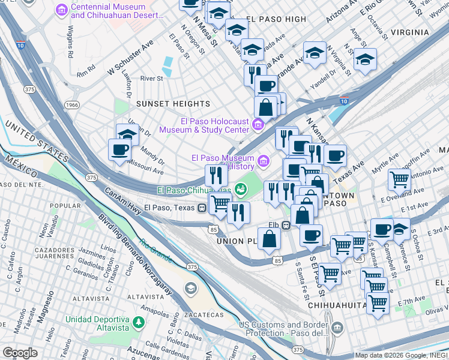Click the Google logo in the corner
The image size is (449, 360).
pos(20,353)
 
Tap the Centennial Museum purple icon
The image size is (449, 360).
pos(62,10)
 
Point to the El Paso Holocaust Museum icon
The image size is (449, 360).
pos(258,125)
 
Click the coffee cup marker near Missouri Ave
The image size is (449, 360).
pos(119,149)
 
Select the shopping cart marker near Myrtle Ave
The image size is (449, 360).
pos(399,179)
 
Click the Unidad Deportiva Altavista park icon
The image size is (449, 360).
pos(138,322)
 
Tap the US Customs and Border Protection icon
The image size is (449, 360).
pos(337,328)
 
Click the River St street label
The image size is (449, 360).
pos(151,79)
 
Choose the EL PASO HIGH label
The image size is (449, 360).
pos(276,19)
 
